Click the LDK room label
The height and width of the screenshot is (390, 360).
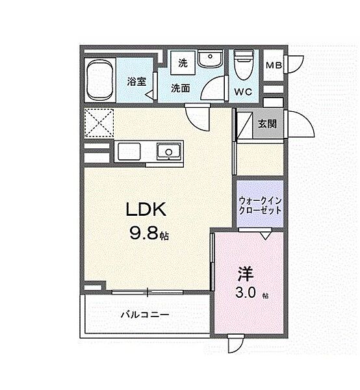146,209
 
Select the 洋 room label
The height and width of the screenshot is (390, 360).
246,274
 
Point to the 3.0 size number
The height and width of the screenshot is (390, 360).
246,293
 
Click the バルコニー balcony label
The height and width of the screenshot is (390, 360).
145,315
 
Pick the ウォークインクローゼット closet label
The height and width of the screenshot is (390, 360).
260,205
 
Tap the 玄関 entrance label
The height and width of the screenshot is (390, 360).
267,123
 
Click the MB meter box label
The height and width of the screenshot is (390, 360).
274,66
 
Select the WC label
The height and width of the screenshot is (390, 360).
244,92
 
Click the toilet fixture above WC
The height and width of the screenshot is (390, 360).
244,64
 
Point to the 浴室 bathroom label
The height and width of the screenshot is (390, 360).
136,81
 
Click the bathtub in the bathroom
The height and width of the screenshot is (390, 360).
100,80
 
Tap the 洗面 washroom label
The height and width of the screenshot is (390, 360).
181,88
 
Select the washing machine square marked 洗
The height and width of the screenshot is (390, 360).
183,62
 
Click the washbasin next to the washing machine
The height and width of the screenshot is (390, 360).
211,58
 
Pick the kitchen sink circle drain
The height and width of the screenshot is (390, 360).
168,151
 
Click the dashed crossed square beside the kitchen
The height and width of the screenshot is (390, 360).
99,123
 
